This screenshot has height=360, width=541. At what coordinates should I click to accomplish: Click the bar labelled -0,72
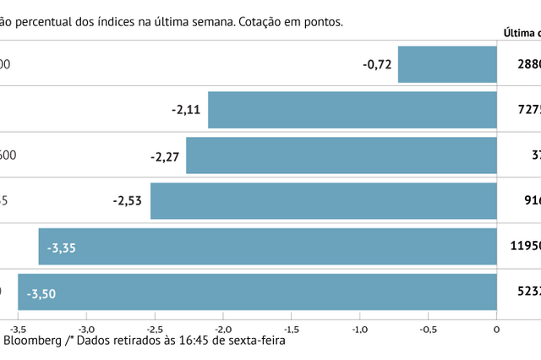(447, 64)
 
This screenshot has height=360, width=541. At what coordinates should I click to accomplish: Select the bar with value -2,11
(352, 109)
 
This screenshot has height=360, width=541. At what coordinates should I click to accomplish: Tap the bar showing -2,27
(341, 155)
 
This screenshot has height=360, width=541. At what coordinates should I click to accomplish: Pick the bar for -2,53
(323, 201)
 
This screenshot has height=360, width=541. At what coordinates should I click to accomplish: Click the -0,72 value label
(377, 64)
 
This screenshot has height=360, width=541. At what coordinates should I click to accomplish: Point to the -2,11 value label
(186, 109)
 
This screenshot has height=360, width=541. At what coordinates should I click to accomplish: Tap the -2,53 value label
(128, 201)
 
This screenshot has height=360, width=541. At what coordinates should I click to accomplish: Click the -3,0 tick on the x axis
(86, 330)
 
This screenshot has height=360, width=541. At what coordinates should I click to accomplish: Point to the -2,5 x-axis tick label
(154, 330)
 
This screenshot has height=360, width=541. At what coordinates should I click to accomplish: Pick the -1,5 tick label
(291, 330)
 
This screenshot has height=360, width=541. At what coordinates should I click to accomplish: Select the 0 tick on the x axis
(496, 330)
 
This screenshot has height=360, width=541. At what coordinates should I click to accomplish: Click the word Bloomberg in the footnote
(31, 342)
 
